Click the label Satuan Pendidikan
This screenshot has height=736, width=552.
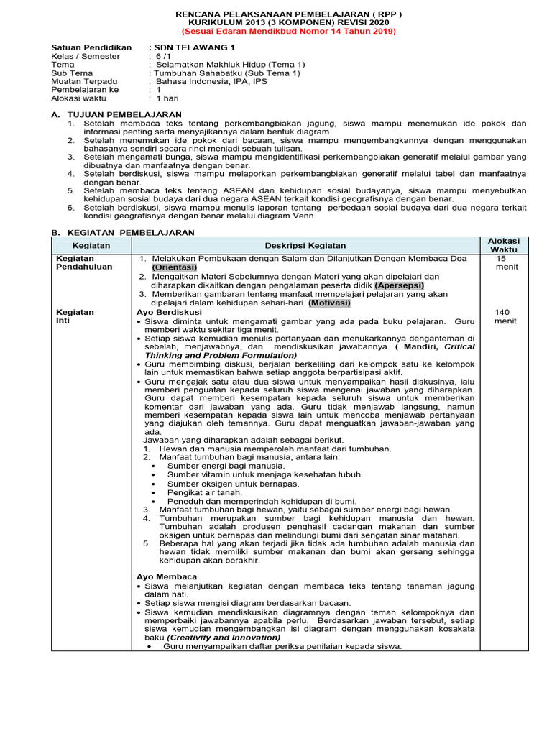(x=91, y=47)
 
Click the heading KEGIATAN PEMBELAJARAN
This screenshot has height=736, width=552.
(x=130, y=233)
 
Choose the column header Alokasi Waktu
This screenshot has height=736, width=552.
(x=503, y=245)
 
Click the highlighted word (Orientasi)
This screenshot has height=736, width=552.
(x=173, y=267)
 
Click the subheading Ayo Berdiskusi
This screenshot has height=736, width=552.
(x=169, y=313)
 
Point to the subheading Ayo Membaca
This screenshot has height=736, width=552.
(x=167, y=577)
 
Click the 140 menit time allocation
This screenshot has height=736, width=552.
(x=503, y=316)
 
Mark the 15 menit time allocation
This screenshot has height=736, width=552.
(x=503, y=262)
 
